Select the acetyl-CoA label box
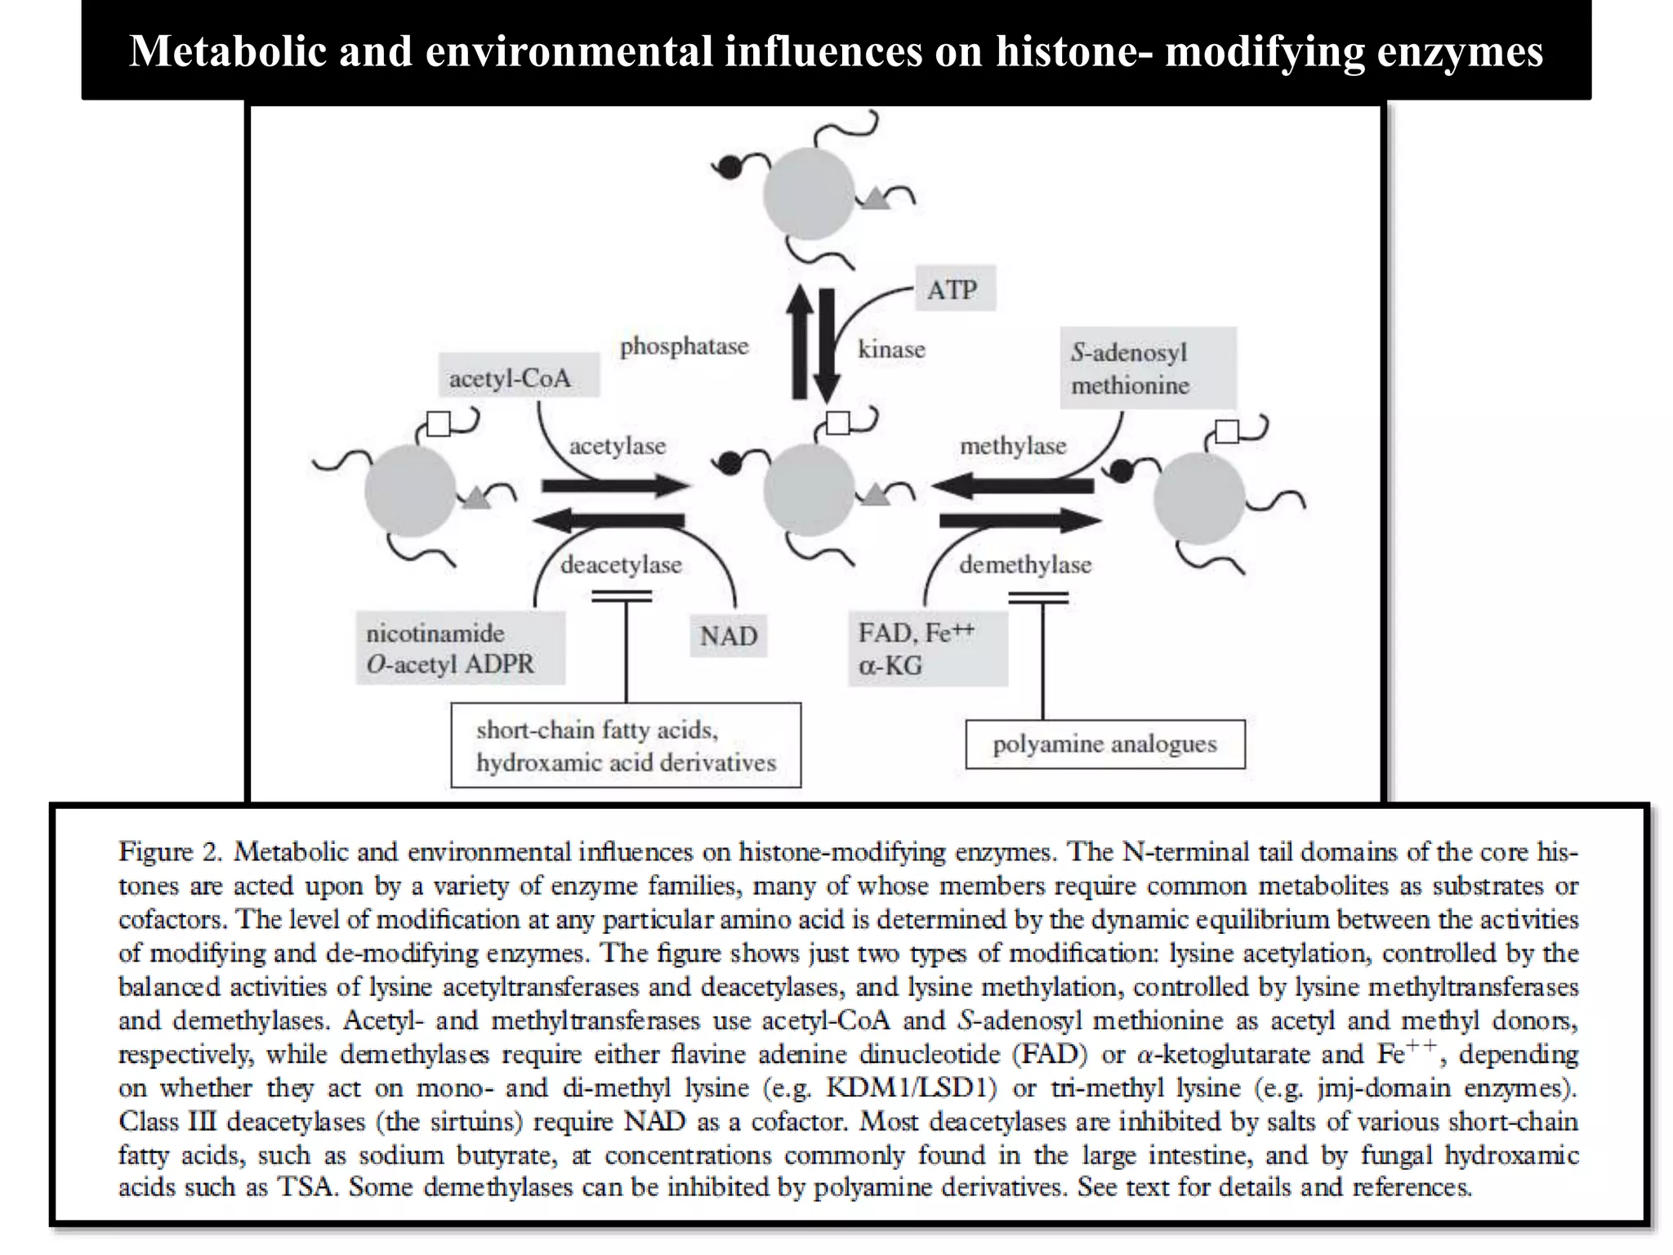[517, 377]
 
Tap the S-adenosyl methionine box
[1147, 368]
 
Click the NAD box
[729, 636]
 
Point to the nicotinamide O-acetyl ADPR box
[460, 649]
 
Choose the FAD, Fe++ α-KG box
[927, 649]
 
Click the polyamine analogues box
[1105, 744]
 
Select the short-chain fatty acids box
[626, 746]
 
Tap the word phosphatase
[684, 346]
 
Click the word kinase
[891, 350]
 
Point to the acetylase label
[618, 446]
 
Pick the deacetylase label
[621, 565]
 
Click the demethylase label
[1025, 565]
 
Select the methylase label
[1013, 446]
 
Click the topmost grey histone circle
[809, 194]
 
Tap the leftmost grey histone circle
[410, 490]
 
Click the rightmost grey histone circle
[1199, 498]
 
